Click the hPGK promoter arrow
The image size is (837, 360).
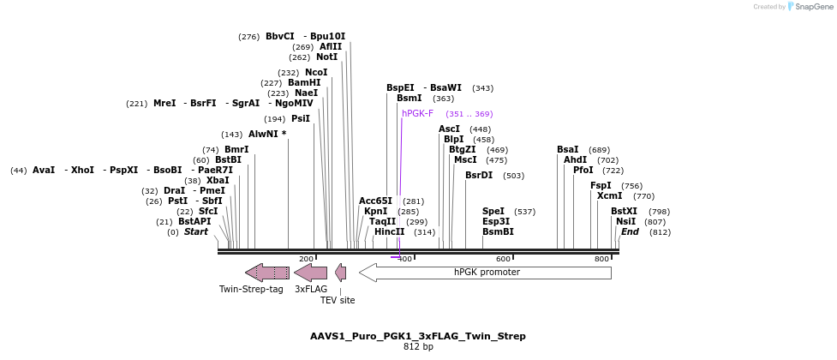485,273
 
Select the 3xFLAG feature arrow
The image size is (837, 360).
310,273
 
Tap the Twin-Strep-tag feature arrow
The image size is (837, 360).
267,273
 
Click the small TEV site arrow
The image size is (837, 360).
341,273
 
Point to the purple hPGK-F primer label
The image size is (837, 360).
418,113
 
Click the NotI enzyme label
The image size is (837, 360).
326,57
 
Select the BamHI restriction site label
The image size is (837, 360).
304,83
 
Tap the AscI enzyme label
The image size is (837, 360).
449,129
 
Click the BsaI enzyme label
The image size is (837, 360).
567,150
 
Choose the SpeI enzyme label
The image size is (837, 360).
493,211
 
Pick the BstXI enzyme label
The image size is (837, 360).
624,211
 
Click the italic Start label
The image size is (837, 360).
196,231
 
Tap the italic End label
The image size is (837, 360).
630,231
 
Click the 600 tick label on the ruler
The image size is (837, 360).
504,259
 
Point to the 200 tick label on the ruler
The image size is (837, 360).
306,259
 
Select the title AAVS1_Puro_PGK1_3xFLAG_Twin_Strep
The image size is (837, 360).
418,336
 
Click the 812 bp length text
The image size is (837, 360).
418,347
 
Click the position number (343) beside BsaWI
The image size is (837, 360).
482,88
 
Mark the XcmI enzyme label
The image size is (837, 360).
609,195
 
